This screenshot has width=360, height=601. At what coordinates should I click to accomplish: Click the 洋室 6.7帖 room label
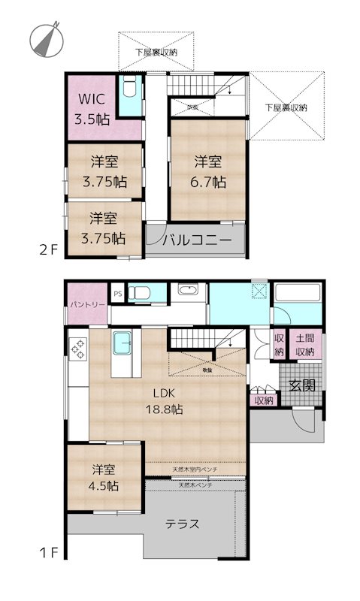coord(208,171)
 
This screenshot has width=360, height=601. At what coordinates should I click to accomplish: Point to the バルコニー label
coord(195,241)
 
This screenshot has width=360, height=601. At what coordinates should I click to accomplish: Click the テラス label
coord(182,524)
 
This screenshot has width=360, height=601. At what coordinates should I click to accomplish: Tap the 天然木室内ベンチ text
coord(195,470)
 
